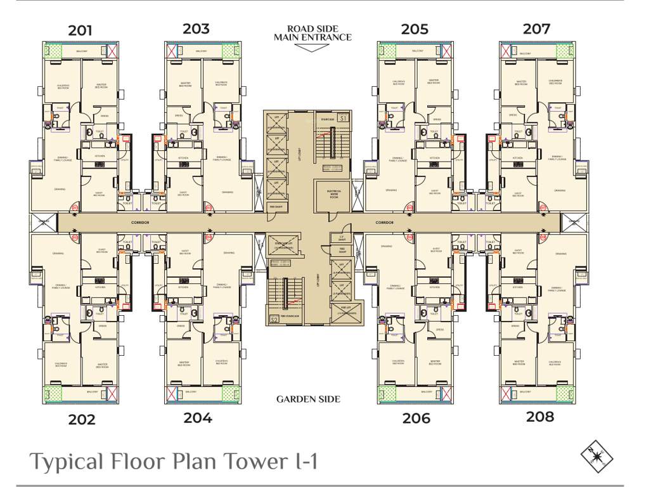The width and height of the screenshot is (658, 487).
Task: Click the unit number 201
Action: pos(81,30)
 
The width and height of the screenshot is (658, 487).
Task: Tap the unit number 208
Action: pos(539,417)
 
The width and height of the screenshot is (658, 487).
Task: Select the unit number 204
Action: pos(198,417)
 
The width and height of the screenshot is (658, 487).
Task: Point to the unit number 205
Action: pos(415,29)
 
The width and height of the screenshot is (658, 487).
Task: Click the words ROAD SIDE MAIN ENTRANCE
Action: pos(313,33)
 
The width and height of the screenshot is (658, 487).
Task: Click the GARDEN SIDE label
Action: pos(308,399)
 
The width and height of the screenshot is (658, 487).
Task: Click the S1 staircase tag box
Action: pos(342,118)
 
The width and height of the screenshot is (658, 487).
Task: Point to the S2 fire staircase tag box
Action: pos(274,319)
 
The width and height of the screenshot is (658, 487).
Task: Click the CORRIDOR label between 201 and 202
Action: pos(139,223)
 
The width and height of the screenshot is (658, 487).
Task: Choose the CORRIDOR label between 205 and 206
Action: pos(384,223)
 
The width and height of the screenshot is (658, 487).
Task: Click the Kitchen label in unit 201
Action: pos(100,156)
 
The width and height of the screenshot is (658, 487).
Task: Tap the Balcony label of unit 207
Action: pos(525,53)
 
